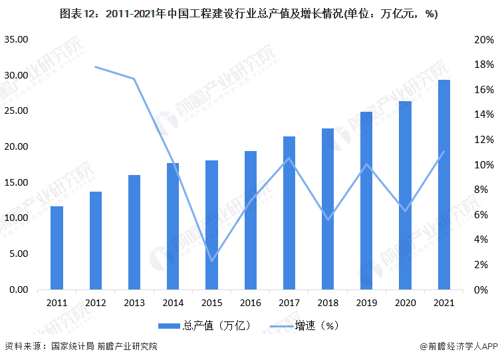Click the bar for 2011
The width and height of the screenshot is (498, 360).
(57, 248)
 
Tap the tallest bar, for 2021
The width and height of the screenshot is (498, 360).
(443, 184)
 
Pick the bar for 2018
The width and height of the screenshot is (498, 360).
(328, 209)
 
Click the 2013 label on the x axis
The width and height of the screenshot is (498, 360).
(134, 303)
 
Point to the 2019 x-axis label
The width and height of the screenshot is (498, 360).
(366, 303)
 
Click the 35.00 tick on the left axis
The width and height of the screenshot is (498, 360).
(16, 40)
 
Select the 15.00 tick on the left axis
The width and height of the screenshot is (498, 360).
(16, 182)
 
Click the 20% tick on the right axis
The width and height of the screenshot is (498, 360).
(483, 40)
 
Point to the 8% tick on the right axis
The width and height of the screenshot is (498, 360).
(483, 190)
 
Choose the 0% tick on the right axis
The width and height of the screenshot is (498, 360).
(483, 289)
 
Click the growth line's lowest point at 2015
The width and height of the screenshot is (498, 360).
(211, 261)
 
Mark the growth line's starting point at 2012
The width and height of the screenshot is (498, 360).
(95, 67)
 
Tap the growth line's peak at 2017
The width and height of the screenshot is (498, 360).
(289, 158)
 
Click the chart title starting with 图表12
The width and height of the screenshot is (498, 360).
(249, 14)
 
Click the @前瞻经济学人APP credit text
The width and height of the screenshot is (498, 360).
(459, 346)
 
